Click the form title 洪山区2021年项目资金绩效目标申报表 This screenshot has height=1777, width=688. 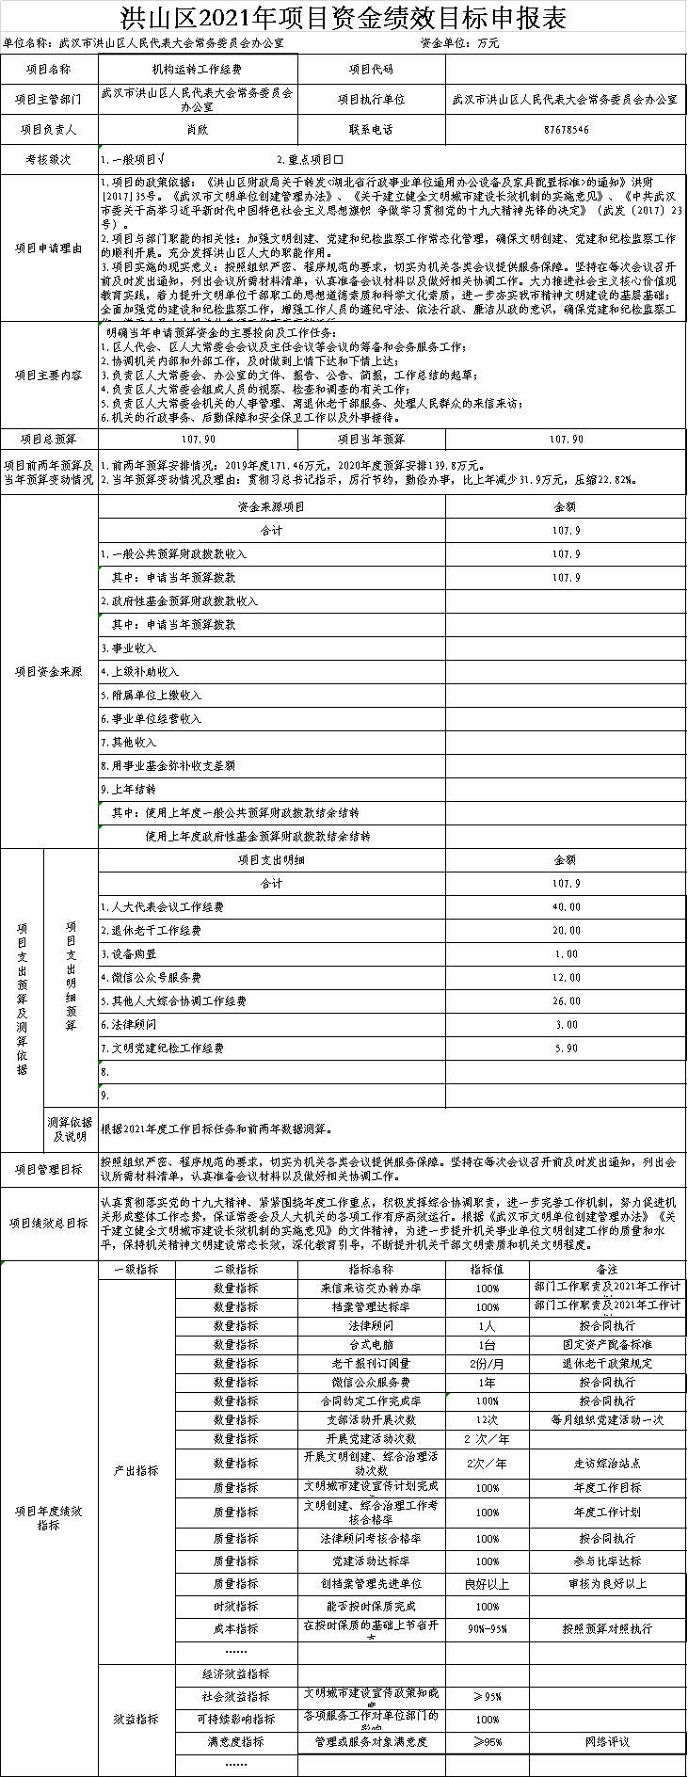pyautogui.click(x=344, y=16)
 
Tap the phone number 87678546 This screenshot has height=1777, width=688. pyautogui.click(x=566, y=129)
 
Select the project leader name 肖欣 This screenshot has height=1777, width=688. pyautogui.click(x=197, y=129)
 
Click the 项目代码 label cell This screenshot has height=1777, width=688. pyautogui.click(x=371, y=70)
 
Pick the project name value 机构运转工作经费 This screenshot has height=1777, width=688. pyautogui.click(x=197, y=70)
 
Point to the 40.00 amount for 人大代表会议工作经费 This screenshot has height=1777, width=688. pyautogui.click(x=566, y=906)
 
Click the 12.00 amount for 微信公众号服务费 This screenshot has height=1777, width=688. pyautogui.click(x=566, y=977)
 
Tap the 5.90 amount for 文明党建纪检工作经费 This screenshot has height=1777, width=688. pyautogui.click(x=566, y=1048)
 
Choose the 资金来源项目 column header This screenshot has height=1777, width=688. pyautogui.click(x=271, y=506)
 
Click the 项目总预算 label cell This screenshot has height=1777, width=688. pyautogui.click(x=49, y=440)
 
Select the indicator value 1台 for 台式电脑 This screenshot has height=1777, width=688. pyautogui.click(x=487, y=1344)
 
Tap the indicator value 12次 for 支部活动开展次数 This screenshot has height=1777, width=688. pyautogui.click(x=487, y=1419)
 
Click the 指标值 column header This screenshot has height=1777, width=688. pyautogui.click(x=487, y=1269)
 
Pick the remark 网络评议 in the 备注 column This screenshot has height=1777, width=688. pyautogui.click(x=606, y=1742)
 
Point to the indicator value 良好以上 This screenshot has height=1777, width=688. pyautogui.click(x=487, y=1583)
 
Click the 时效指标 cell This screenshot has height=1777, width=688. pyautogui.click(x=235, y=1606)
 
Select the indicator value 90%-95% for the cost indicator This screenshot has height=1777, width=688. pyautogui.click(x=487, y=1628)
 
